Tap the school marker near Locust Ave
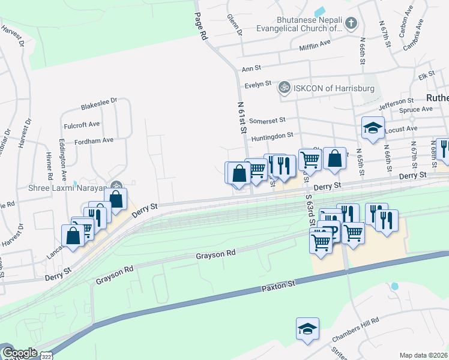pos(373,128)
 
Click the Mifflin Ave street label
pos(316,44)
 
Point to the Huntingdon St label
pos(272,137)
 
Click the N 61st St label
pos(241,118)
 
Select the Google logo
pos(19,353)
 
